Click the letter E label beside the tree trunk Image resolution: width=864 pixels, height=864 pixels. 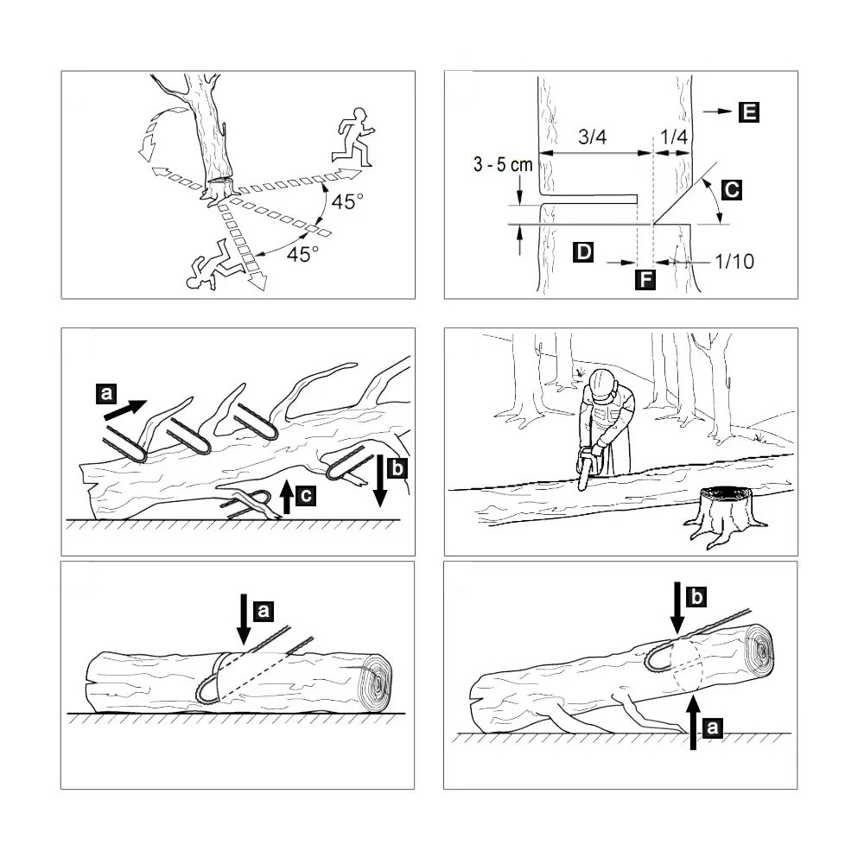[x=749, y=111]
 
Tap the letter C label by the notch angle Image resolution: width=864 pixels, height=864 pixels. [x=732, y=189]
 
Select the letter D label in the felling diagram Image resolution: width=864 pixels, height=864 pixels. [x=583, y=251]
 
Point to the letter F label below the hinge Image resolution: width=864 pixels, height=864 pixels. [x=645, y=279]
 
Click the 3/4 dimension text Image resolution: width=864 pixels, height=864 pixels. [x=593, y=137]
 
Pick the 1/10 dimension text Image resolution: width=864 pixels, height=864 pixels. [x=734, y=261]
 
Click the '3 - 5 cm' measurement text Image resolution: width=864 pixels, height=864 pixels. [x=503, y=164]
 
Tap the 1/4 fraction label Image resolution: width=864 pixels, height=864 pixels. [x=673, y=137]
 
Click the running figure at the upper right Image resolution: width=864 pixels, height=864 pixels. [x=353, y=137]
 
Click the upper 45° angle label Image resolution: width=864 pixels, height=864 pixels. [x=347, y=201]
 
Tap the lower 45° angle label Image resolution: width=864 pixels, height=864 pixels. [x=302, y=254]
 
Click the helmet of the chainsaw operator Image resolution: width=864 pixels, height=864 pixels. [x=601, y=381]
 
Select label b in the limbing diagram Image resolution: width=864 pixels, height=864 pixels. [x=397, y=468]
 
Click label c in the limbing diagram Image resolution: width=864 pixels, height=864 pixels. [x=306, y=495]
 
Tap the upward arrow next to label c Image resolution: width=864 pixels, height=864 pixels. [x=287, y=497]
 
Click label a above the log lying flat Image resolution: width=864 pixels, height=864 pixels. [x=264, y=611]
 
